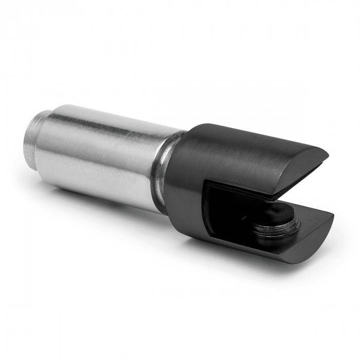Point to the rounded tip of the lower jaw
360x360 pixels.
point(329,221)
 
